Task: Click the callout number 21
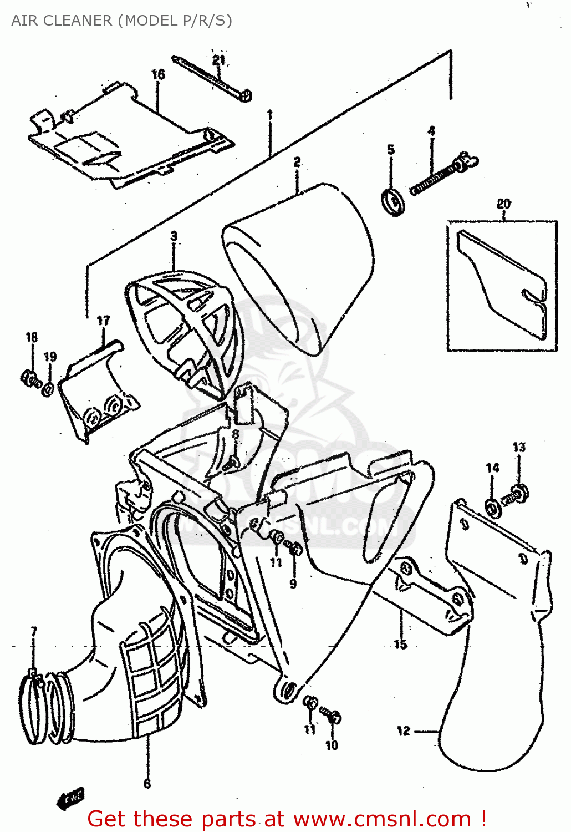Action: pyautogui.click(x=218, y=59)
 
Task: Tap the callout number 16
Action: pyautogui.click(x=158, y=74)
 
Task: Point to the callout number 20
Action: pyautogui.click(x=503, y=204)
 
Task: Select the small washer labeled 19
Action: pyautogui.click(x=48, y=389)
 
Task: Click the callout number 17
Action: pyautogui.click(x=103, y=321)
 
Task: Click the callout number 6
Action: pyautogui.click(x=147, y=783)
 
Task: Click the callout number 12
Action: pyautogui.click(x=403, y=731)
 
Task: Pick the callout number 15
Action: pyautogui.click(x=400, y=644)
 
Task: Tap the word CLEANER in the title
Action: pyautogui.click(x=86, y=21)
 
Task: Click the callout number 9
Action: pyautogui.click(x=293, y=583)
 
